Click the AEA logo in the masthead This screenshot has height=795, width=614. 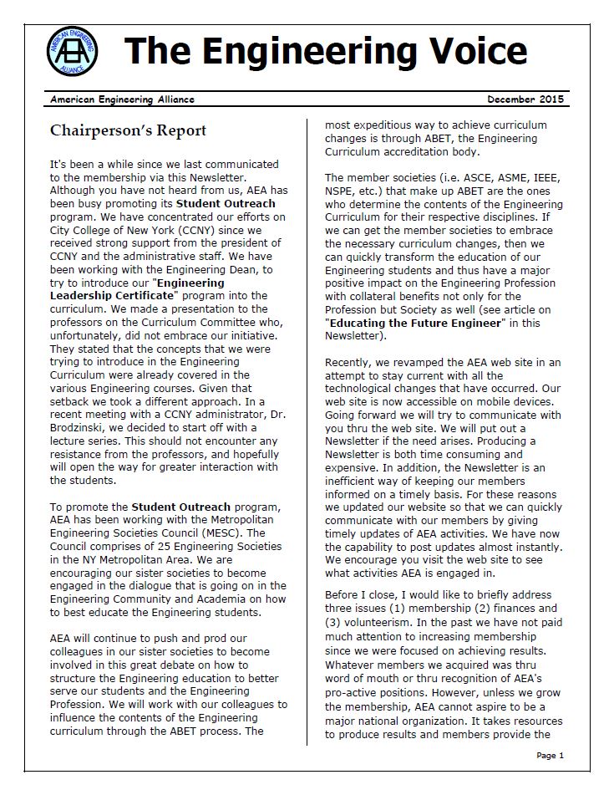72,49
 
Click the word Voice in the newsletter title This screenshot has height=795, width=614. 462,50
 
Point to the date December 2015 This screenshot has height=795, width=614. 525,99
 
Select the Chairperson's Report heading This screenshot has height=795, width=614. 128,130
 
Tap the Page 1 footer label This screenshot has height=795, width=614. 551,756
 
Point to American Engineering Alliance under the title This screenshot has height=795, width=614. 122,99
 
